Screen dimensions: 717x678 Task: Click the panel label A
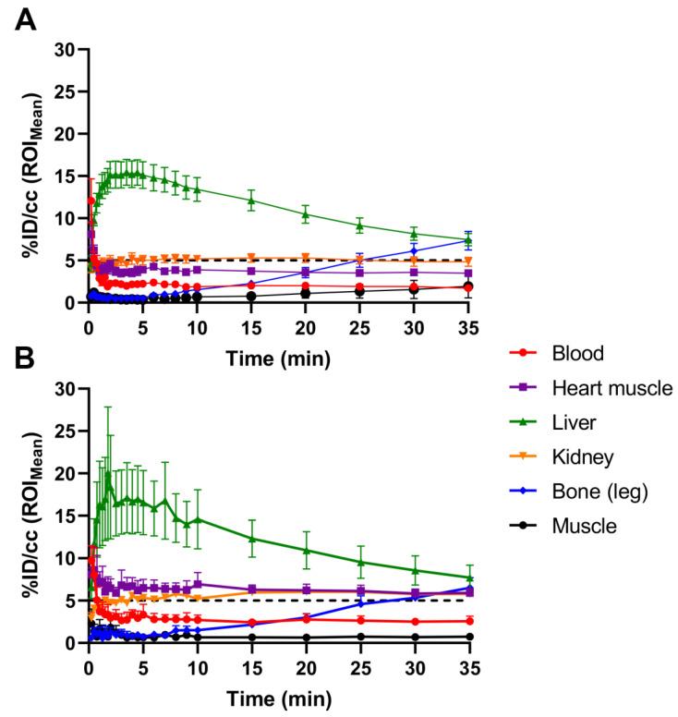[28, 18]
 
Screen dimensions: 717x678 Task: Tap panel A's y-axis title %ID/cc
[34, 176]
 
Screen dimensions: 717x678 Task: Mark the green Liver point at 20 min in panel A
[306, 214]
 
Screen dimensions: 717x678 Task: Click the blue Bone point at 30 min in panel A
[414, 250]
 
